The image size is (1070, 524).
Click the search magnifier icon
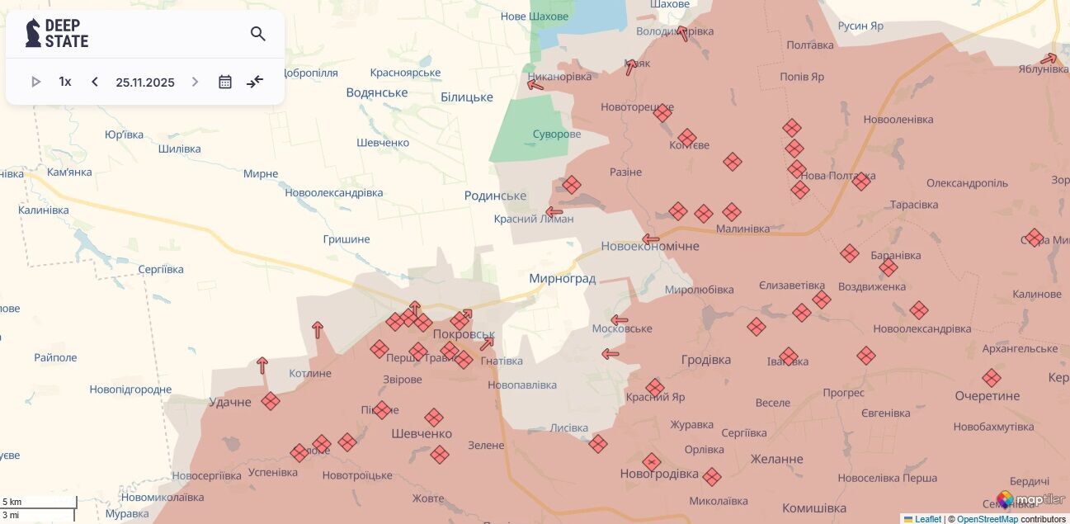[x=257, y=34]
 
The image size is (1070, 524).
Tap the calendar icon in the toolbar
[x=225, y=82]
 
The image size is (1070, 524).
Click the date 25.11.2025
[x=145, y=82]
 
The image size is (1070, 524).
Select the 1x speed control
[x=65, y=82]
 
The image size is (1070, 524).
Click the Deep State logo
[x=57, y=33]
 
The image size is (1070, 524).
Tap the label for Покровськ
[x=464, y=334]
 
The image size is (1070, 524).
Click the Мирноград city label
[x=562, y=279]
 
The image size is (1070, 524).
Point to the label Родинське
[x=495, y=196]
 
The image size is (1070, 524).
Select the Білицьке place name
[x=466, y=97]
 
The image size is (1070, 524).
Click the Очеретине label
[x=987, y=396]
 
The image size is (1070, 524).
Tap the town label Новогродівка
[x=659, y=474]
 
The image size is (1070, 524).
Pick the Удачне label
[x=229, y=402]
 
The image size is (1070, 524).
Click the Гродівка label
[x=706, y=360]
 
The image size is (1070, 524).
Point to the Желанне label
[x=776, y=459]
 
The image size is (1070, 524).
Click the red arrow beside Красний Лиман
[x=554, y=212]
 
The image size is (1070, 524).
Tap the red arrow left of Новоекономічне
[x=651, y=240]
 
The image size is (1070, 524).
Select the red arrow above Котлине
[x=262, y=365]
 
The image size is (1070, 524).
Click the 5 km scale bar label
[x=12, y=502]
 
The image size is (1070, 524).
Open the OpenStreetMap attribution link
[x=987, y=519]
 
